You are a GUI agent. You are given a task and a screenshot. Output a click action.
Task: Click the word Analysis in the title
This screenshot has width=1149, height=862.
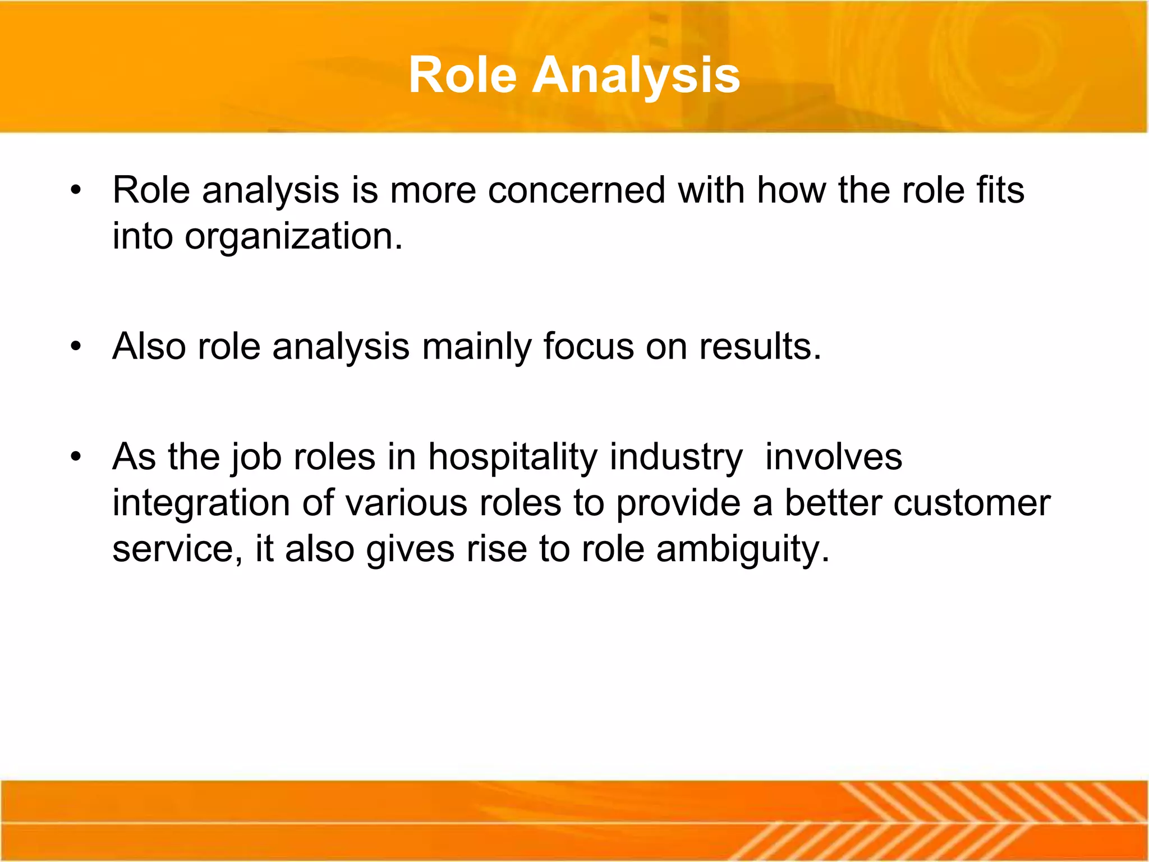click(x=636, y=76)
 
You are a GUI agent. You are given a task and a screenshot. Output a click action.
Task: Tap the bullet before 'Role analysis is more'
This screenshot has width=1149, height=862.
click(x=76, y=190)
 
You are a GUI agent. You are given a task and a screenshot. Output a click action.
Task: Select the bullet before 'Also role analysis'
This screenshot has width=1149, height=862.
click(x=76, y=346)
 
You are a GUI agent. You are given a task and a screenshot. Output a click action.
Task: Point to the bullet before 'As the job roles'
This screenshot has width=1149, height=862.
click(x=76, y=456)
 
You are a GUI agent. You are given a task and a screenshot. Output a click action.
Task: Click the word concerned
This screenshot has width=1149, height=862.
click(x=576, y=190)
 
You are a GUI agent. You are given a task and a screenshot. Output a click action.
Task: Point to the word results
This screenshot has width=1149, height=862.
click(x=760, y=346)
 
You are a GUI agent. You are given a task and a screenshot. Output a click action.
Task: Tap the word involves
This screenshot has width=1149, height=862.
click(x=834, y=456)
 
